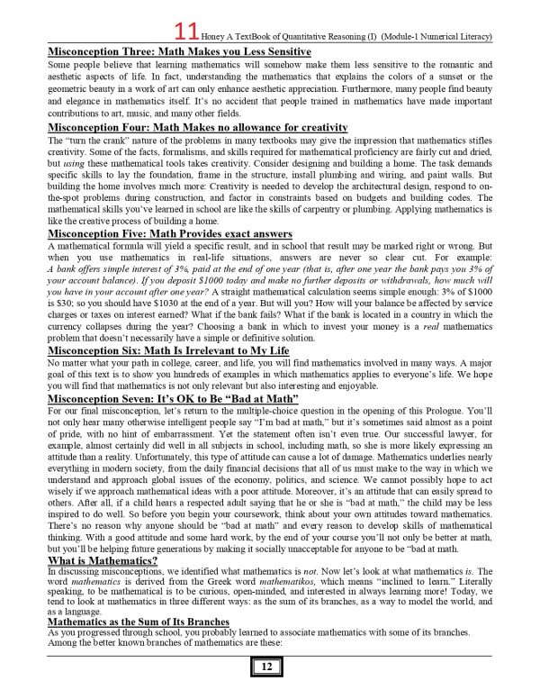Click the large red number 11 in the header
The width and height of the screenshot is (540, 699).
point(211,33)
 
